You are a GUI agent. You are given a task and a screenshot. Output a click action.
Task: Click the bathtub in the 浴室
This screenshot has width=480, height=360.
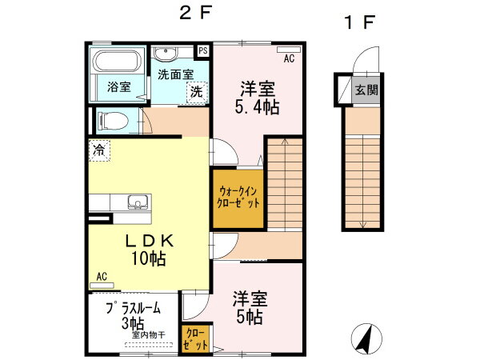[x=117, y=61]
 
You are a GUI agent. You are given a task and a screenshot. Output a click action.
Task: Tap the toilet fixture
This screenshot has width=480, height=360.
[x=113, y=121]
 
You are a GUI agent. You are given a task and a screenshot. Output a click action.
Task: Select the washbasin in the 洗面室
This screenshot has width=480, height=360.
[x=166, y=54]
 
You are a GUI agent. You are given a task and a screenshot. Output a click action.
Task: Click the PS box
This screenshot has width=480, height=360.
[x=203, y=51]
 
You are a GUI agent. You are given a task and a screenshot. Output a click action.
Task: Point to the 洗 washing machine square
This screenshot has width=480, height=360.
[x=198, y=92]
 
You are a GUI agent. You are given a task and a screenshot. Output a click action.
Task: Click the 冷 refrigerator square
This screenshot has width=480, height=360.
[x=99, y=150]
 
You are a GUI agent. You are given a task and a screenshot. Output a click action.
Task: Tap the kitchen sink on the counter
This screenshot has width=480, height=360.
[x=138, y=202]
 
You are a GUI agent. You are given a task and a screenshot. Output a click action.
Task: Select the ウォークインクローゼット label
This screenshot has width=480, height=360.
[x=238, y=198]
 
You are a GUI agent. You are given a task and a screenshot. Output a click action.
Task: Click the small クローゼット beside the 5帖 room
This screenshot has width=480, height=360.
[x=195, y=339]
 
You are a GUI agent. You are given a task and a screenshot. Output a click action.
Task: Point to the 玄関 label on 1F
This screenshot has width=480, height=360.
[x=366, y=90]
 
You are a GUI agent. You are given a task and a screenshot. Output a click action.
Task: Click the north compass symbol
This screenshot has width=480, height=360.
[x=366, y=338]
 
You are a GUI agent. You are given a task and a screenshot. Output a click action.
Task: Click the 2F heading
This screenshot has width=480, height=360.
[x=195, y=14]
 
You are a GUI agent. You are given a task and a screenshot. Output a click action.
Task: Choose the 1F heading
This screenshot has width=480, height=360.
[x=359, y=22]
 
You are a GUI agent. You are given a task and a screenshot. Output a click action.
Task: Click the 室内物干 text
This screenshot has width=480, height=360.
[x=149, y=334]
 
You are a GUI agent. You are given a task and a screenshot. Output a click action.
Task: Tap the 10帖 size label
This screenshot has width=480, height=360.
[x=149, y=258]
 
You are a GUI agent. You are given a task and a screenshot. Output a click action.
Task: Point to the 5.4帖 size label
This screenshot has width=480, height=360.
[x=257, y=107]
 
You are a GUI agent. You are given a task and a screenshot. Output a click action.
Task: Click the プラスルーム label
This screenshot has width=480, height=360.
[x=134, y=308]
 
